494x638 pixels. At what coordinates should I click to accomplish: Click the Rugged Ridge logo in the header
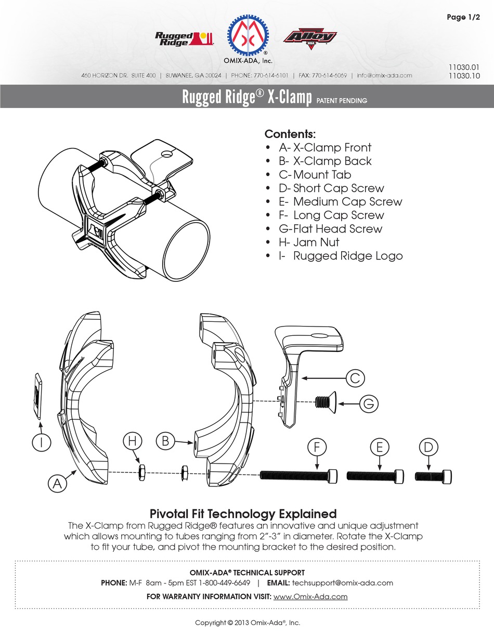coord(184,39)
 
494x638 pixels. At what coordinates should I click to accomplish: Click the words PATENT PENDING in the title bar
coord(342,100)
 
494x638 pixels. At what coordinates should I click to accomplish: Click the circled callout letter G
coord(367,402)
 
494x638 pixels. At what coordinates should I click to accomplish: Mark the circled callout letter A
coord(58,484)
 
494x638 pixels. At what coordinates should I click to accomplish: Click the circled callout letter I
coord(38,442)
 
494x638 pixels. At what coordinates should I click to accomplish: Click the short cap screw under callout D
coord(433,476)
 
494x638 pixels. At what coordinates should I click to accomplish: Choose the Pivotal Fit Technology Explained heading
coord(243,514)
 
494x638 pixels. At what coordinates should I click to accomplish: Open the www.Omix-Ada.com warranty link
coord(310,596)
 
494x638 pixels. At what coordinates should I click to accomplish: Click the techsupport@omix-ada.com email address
coord(343,583)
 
